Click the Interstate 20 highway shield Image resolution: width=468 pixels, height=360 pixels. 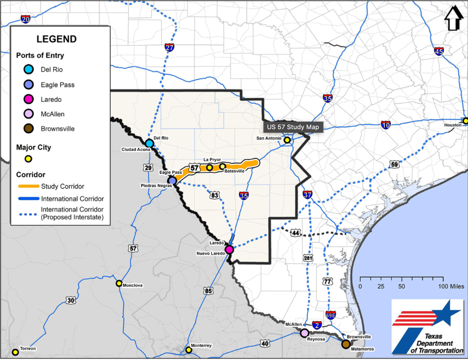coord(25,19)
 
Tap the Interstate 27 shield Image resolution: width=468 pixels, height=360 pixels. coord(170,47)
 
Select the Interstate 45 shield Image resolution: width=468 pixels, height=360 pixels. coord(439,52)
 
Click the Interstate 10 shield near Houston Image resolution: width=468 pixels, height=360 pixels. coord(385,125)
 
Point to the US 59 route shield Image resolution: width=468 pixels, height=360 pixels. coord(394,165)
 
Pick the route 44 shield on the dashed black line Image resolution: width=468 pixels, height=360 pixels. coord(295,233)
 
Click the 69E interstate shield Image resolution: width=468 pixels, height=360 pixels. coord(331,315)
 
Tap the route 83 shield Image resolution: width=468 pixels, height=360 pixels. coord(214,195)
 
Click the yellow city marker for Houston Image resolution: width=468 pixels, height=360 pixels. coord(465,121)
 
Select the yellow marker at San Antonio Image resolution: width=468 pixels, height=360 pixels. coord(287,140)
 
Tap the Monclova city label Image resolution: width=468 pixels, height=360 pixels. coord(132,286)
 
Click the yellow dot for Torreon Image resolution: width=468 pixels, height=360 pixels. coord(15,352)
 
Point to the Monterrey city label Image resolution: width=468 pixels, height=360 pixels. coord(201,346)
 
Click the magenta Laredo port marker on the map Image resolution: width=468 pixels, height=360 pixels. coord(229,249)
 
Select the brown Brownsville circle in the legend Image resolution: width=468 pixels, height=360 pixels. coord(28,129)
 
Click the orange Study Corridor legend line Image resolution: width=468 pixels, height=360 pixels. coord(29,186)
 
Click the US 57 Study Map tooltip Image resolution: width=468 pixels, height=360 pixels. coord(293,127)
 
